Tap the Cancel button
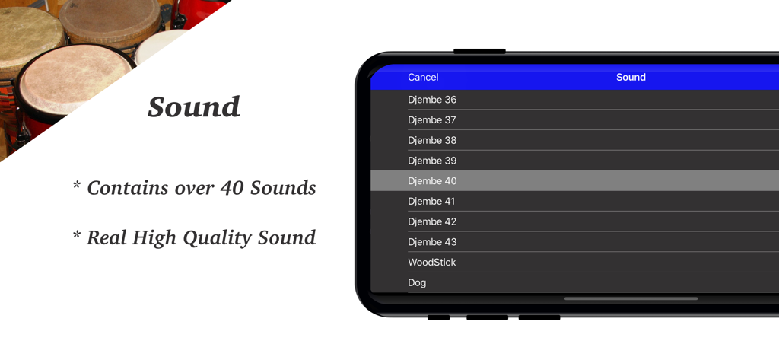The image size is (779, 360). click(x=423, y=77)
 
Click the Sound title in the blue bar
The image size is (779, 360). click(x=631, y=77)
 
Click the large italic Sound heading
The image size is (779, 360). click(x=194, y=107)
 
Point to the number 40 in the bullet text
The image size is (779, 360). click(x=232, y=187)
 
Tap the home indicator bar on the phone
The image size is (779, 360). click(x=631, y=299)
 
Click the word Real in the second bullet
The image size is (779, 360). click(x=107, y=237)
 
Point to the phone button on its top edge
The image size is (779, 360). click(x=479, y=52)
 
